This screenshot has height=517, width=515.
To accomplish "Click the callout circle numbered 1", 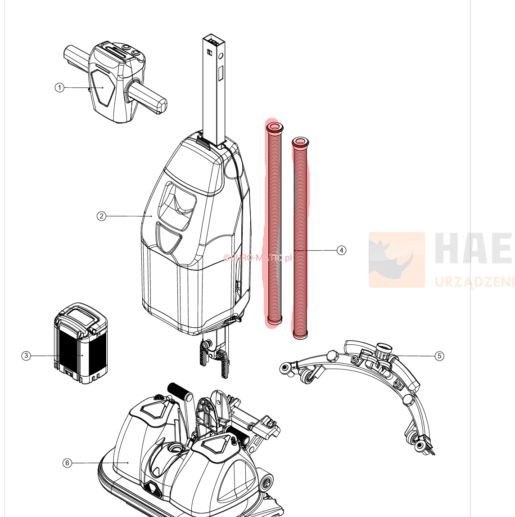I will pyautogui.click(x=59, y=87).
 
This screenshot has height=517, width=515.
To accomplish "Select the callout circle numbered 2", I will pyautogui.click(x=102, y=216).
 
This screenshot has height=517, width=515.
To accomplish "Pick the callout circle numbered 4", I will pyautogui.click(x=342, y=250).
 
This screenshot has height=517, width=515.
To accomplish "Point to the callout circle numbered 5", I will pyautogui.click(x=439, y=356).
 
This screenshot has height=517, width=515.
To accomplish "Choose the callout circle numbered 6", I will pyautogui.click(x=67, y=463).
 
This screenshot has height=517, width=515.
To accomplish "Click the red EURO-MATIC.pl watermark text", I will pyautogui.click(x=257, y=258).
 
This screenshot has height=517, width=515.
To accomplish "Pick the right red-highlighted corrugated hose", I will pyautogui.click(x=300, y=238).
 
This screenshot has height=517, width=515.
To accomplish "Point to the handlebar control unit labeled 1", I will pyautogui.click(x=115, y=83).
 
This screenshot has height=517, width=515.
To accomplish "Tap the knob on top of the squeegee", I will pyautogui.click(x=384, y=348).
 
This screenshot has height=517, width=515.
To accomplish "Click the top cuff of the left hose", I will pyautogui.click(x=274, y=127).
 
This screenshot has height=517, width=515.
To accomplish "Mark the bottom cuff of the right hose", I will pyautogui.click(x=300, y=334).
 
